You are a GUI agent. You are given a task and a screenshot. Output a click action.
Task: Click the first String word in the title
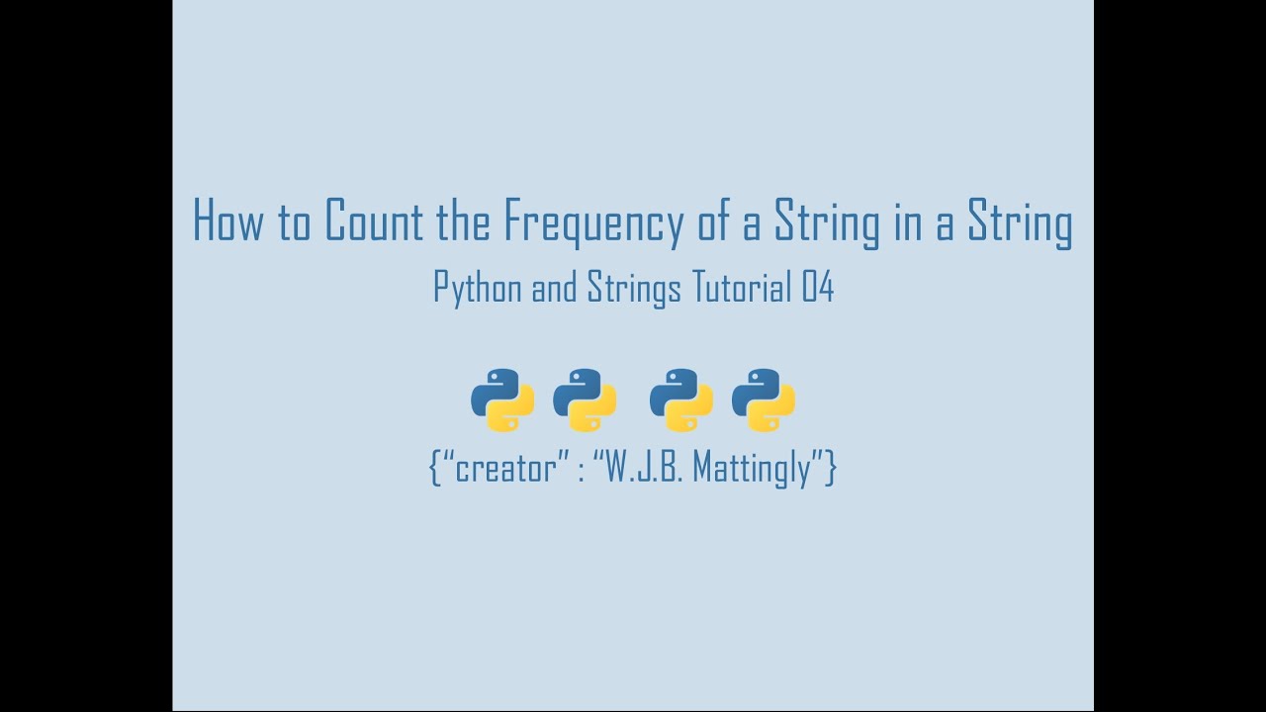827,222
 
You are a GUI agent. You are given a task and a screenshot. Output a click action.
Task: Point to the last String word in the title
1020,222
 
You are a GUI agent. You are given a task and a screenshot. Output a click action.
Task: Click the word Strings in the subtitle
634,288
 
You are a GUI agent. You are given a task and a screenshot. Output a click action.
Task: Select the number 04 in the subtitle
818,287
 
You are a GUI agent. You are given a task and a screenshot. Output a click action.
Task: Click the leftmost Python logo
502,400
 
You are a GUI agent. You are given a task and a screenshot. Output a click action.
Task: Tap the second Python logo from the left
585,400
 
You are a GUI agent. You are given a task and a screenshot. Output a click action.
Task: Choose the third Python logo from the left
681,400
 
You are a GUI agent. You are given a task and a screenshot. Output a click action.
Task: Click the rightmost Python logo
764,400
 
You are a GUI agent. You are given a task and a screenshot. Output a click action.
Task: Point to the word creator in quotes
504,468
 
